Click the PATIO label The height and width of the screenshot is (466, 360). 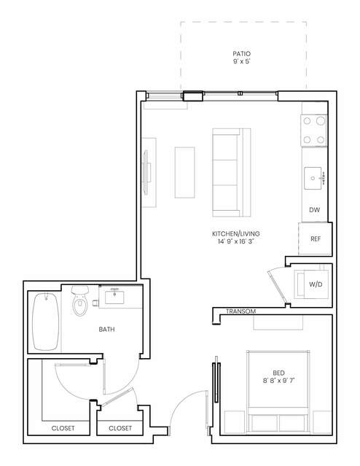pyautogui.click(x=241, y=54)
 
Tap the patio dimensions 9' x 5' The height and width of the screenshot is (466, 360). pyautogui.click(x=241, y=61)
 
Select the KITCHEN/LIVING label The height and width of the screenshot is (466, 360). pyautogui.click(x=236, y=233)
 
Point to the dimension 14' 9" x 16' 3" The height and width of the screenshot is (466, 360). pyautogui.click(x=236, y=241)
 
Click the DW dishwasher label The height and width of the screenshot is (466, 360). pyautogui.click(x=315, y=210)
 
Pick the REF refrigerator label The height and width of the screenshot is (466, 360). pyautogui.click(x=316, y=238)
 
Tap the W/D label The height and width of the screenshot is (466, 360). pyautogui.click(x=316, y=284)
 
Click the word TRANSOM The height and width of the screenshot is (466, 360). pyautogui.click(x=241, y=311)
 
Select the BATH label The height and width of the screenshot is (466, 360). pyautogui.click(x=106, y=330)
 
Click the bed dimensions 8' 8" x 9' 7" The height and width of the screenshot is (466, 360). pyautogui.click(x=278, y=381)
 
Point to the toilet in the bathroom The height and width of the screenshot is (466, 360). pyautogui.click(x=80, y=300)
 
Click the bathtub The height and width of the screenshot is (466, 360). pyautogui.click(x=45, y=322)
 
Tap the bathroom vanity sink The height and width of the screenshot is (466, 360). pyautogui.click(x=114, y=296)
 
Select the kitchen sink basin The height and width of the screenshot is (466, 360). pyautogui.click(x=313, y=178)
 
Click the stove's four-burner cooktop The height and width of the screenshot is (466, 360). pyautogui.click(x=314, y=131)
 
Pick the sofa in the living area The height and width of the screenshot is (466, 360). pyautogui.click(x=232, y=173)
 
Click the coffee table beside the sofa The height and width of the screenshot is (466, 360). pyautogui.click(x=185, y=172)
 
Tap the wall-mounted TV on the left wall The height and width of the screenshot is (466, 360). pyautogui.click(x=146, y=173)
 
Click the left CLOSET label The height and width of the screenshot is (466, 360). pyautogui.click(x=63, y=428)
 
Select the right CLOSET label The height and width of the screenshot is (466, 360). pyautogui.click(x=120, y=428)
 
